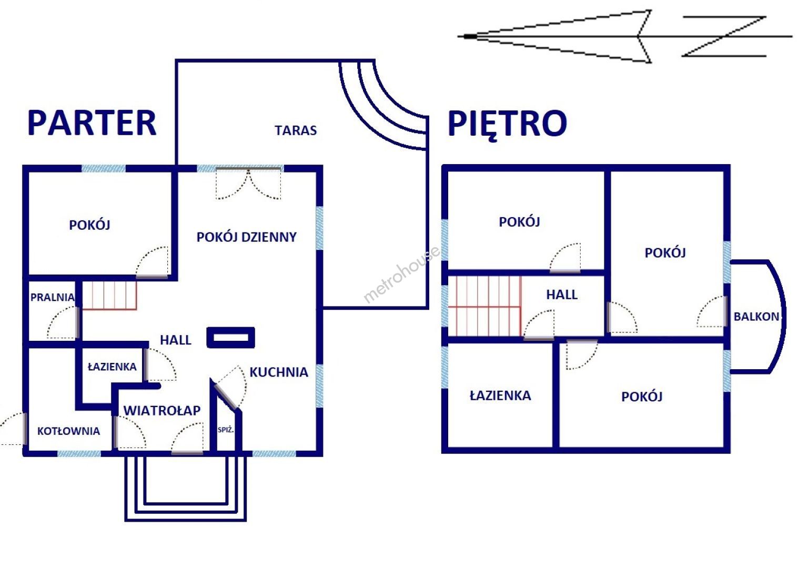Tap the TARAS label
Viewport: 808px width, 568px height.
(x=296, y=130)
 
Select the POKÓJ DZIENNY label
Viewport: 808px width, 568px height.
(x=246, y=237)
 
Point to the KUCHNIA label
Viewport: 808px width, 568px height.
(x=279, y=372)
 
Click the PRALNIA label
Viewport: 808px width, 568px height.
(x=53, y=298)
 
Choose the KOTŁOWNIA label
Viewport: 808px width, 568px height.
(x=68, y=431)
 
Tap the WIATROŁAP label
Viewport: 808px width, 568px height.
(x=162, y=410)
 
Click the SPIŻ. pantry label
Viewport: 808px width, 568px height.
(x=226, y=430)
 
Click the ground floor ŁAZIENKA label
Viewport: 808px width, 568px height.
(x=112, y=367)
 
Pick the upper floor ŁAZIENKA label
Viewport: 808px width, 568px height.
(x=500, y=395)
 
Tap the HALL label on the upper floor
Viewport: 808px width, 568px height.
(x=562, y=295)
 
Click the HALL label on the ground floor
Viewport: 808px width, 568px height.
(x=176, y=340)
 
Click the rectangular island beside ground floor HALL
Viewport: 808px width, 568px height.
(x=231, y=338)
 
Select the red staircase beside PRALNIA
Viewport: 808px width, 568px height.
(x=109, y=296)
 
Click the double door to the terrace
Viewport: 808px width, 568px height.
(x=248, y=184)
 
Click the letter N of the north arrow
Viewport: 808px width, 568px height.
(x=724, y=36)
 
